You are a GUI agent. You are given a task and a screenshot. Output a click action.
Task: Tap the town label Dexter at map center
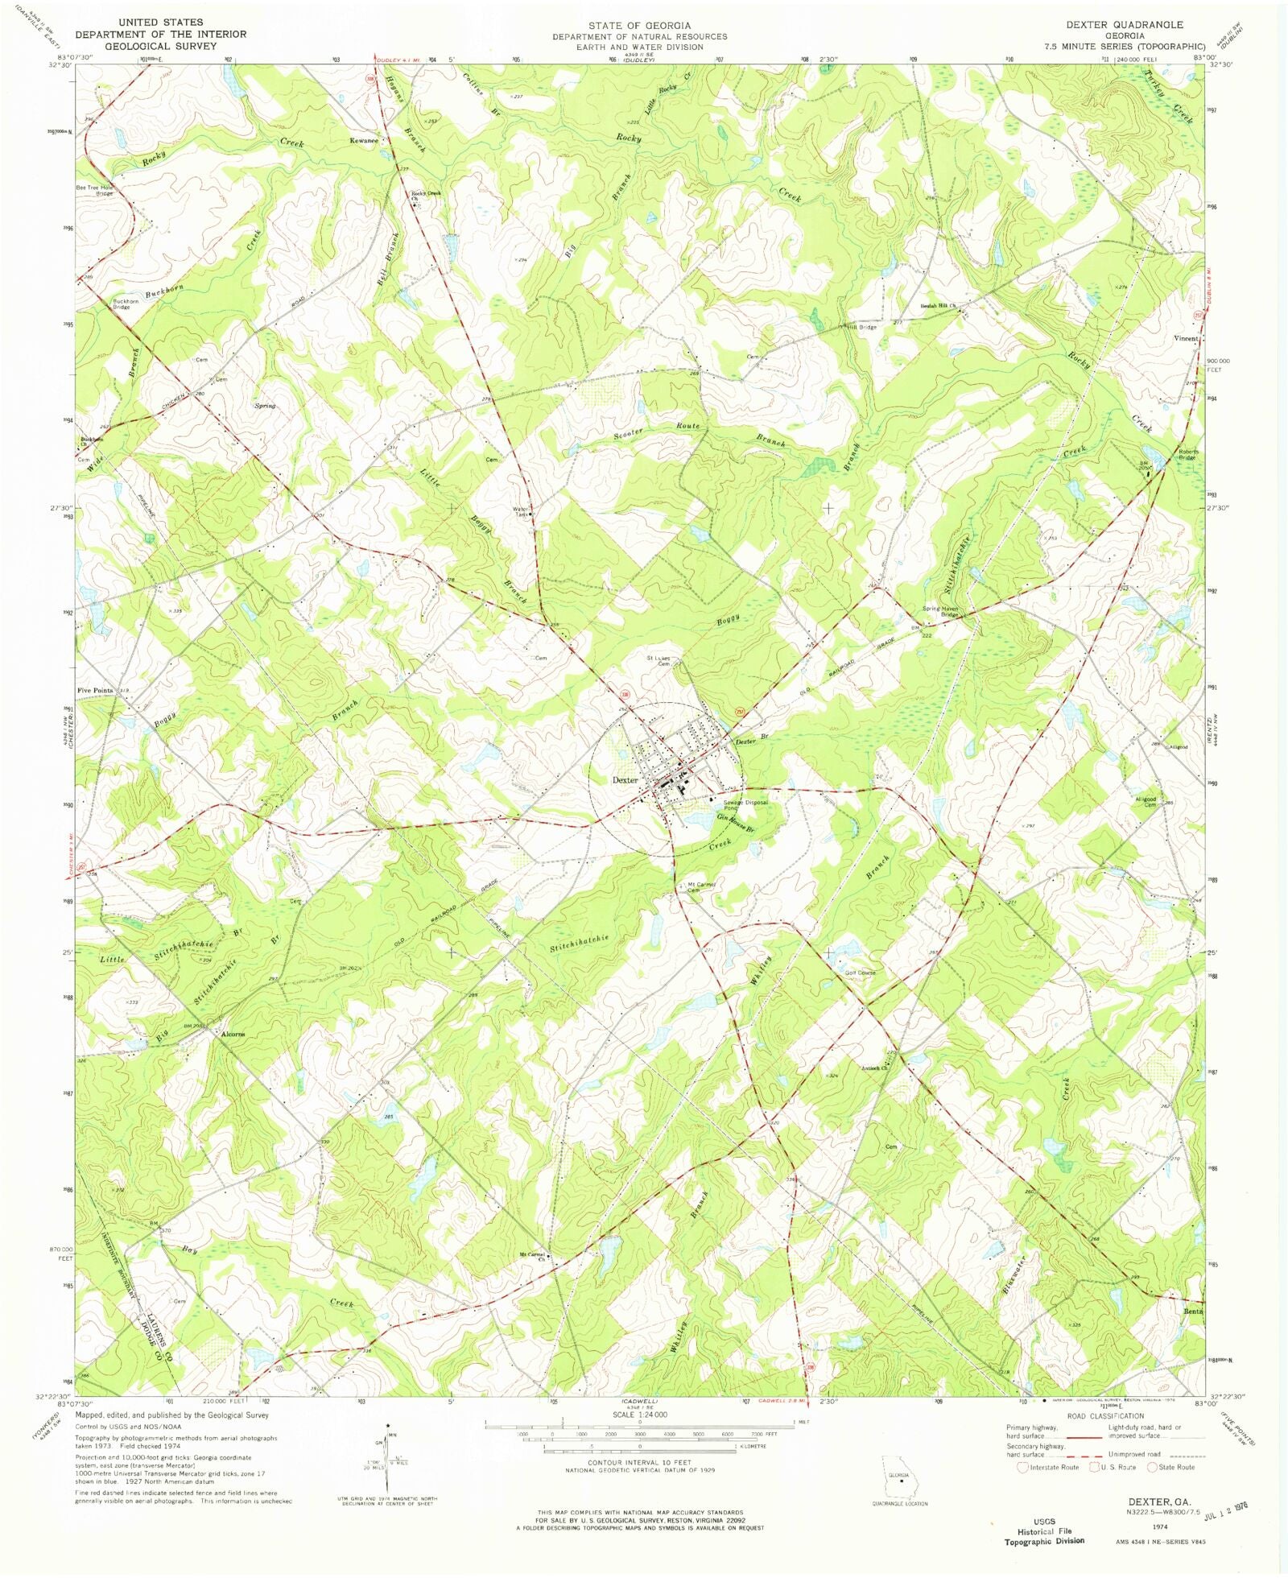pyautogui.click(x=625, y=779)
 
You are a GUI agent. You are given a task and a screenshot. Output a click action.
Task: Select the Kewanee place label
pyautogui.click(x=364, y=141)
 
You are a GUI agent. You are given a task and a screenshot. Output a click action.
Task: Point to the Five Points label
pyautogui.click(x=95, y=691)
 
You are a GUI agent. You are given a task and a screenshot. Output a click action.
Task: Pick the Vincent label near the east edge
pyautogui.click(x=1186, y=339)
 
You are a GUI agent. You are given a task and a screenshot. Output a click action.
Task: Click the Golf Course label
pyautogui.click(x=860, y=973)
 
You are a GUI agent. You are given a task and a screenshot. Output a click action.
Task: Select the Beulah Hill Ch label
pyautogui.click(x=939, y=306)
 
